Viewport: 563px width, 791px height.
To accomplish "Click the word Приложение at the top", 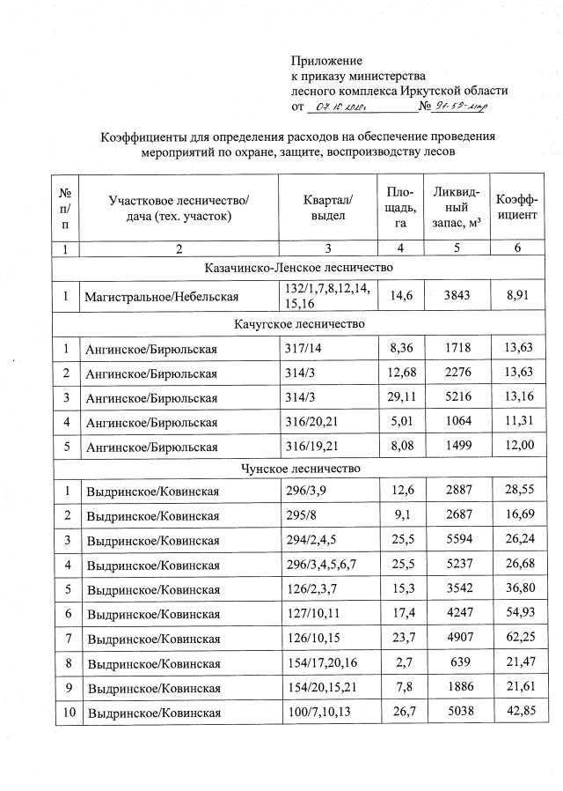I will click(x=326, y=61).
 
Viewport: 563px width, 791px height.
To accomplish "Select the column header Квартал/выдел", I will click(x=327, y=208).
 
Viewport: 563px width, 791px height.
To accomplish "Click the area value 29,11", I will click(x=399, y=398).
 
